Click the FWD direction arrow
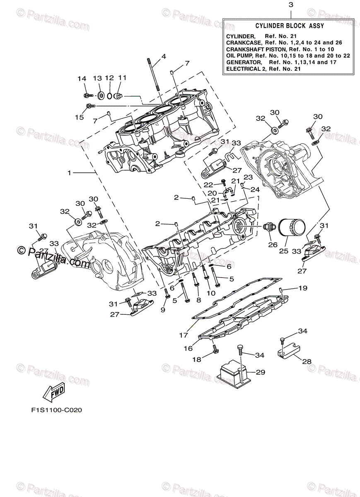[x=53, y=393]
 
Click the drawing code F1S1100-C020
[x=56, y=411]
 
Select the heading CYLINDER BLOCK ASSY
[x=290, y=26]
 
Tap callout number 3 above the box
[x=290, y=5]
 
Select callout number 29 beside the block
[x=260, y=372]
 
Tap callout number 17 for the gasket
[x=184, y=335]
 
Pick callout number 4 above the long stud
[x=163, y=56]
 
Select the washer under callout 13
[x=101, y=96]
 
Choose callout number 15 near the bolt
[x=79, y=117]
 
